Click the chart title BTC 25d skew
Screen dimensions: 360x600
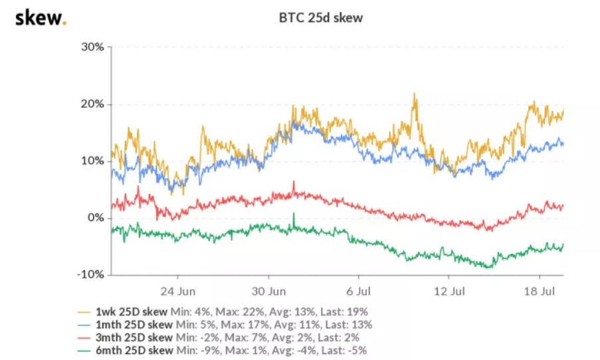pyautogui.click(x=320, y=18)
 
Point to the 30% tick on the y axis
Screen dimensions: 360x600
pyautogui.click(x=92, y=47)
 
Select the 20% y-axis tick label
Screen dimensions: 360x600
pyautogui.click(x=92, y=104)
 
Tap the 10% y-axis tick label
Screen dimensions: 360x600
pyautogui.click(x=92, y=161)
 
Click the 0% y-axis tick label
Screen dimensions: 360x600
pyautogui.click(x=96, y=218)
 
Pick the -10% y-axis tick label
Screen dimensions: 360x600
pyautogui.click(x=91, y=274)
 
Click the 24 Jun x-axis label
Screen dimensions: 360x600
pyautogui.click(x=178, y=291)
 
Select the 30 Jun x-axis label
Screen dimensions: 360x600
pyautogui.click(x=269, y=291)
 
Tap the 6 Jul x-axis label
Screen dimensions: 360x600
pyautogui.click(x=358, y=291)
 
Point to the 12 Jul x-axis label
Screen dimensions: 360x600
pyautogui.click(x=447, y=291)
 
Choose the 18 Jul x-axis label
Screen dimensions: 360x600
pyautogui.click(x=538, y=291)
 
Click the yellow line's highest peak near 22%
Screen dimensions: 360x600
pyautogui.click(x=415, y=94)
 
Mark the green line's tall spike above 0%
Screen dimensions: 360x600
pyautogui.click(x=293, y=214)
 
